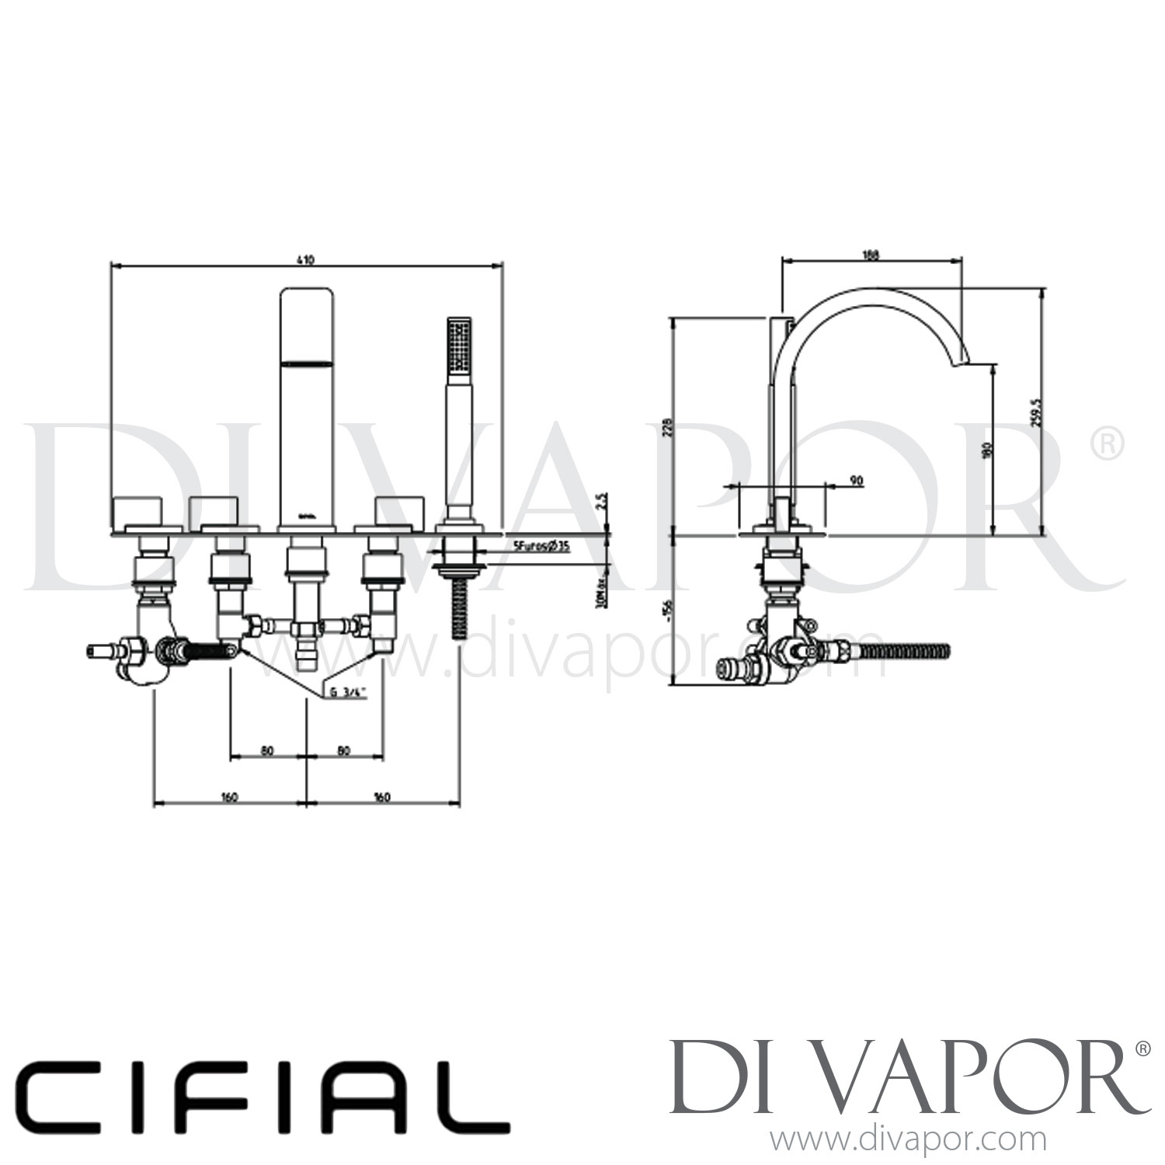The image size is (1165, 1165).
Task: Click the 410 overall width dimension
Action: click(x=306, y=260)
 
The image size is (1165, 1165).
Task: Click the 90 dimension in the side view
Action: click(x=857, y=481)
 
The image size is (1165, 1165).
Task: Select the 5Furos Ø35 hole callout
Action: click(x=541, y=547)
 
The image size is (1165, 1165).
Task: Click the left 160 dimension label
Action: click(x=229, y=796)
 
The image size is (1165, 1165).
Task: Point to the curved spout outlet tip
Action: click(x=967, y=358)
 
